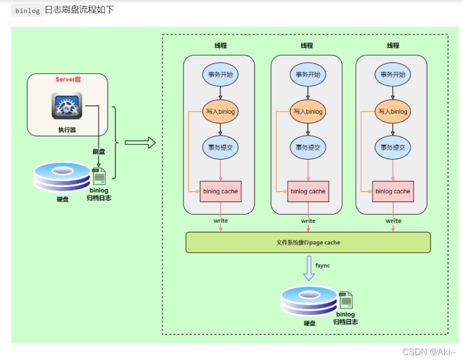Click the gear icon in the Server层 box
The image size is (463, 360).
coord(67,105)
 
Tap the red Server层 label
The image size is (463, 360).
coord(68,80)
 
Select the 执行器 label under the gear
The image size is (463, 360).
coord(67,130)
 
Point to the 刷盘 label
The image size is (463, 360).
coord(99,152)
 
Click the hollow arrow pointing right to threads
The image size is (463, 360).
coord(140,143)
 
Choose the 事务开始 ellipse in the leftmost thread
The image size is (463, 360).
coord(220,74)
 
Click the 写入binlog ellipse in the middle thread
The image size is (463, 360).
coord(308,111)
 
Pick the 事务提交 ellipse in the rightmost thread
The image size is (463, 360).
coord(393,148)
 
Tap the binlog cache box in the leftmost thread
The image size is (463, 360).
coord(220,191)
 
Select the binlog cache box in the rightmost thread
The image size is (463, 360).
coord(393,191)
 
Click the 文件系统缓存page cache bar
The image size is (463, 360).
coord(308,242)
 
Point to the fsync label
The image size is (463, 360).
coord(322,265)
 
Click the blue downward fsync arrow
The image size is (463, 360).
coord(309,268)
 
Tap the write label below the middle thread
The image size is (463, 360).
coord(308,221)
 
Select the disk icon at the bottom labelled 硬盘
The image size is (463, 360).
coord(309,301)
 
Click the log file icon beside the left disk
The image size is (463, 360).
coord(99,176)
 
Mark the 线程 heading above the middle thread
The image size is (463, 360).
coord(307,46)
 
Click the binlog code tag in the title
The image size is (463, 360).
coord(28,11)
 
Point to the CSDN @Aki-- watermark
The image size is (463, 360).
coord(429,352)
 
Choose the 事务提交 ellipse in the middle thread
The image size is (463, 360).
coord(308,148)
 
